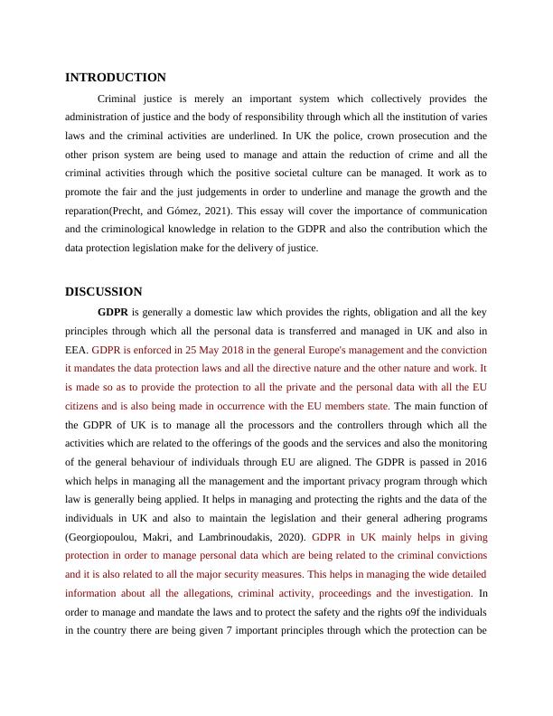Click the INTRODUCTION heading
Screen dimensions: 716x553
[116, 78]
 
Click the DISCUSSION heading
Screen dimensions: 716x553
[103, 292]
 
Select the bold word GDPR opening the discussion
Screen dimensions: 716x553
[113, 312]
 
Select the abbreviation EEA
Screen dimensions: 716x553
[76, 350]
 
